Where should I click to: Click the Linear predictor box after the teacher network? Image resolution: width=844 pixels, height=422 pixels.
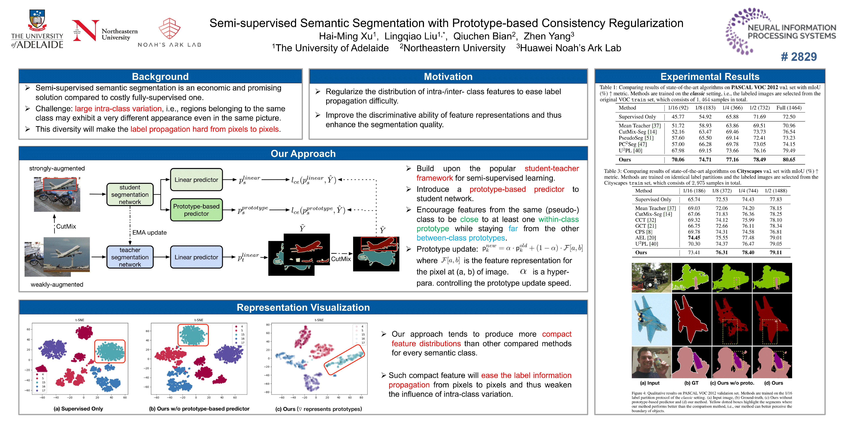point(196,257)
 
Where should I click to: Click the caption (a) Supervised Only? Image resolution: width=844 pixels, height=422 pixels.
point(78,409)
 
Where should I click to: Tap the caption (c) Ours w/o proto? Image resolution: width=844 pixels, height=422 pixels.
point(732,383)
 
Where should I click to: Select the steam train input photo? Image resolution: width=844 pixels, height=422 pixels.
point(651,277)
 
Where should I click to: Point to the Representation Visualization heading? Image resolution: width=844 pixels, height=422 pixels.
point(303,307)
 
